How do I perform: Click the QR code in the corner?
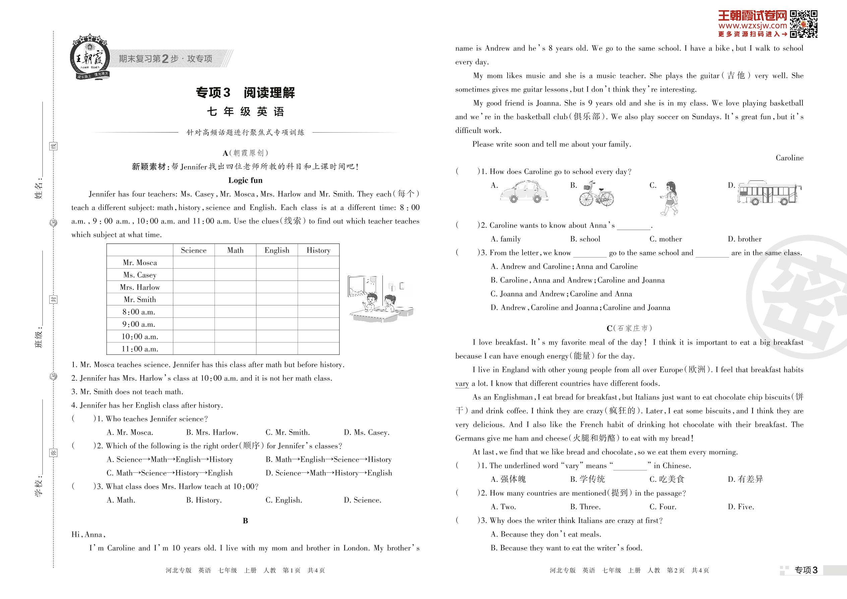pos(803,24)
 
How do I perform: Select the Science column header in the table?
pos(193,250)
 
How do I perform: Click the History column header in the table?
pos(318,250)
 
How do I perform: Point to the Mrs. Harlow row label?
pos(139,287)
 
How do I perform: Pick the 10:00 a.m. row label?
pos(139,336)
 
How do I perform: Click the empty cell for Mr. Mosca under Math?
pos(235,262)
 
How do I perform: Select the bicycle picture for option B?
pos(596,193)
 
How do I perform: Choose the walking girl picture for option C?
pos(669,198)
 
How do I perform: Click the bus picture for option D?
pos(770,193)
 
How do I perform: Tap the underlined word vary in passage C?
pos(462,384)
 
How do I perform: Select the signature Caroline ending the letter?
pos(789,158)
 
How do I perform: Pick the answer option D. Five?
pos(741,507)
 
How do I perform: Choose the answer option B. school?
pos(585,239)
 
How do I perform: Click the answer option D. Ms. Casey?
pos(366,432)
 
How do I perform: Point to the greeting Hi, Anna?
pos(88,534)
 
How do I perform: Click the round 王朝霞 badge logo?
pos(90,58)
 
